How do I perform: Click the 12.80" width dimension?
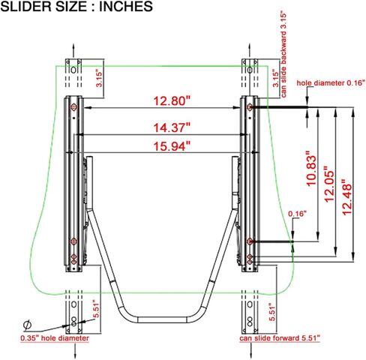tap(172, 101)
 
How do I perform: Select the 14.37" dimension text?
tap(172, 127)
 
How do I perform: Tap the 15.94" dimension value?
tap(172, 146)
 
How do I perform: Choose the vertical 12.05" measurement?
tap(329, 184)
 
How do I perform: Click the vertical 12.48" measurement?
tap(346, 197)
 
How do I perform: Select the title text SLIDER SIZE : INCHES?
tap(76, 7)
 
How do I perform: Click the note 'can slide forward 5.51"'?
tap(280, 338)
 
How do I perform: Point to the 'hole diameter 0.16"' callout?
tap(331, 82)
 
